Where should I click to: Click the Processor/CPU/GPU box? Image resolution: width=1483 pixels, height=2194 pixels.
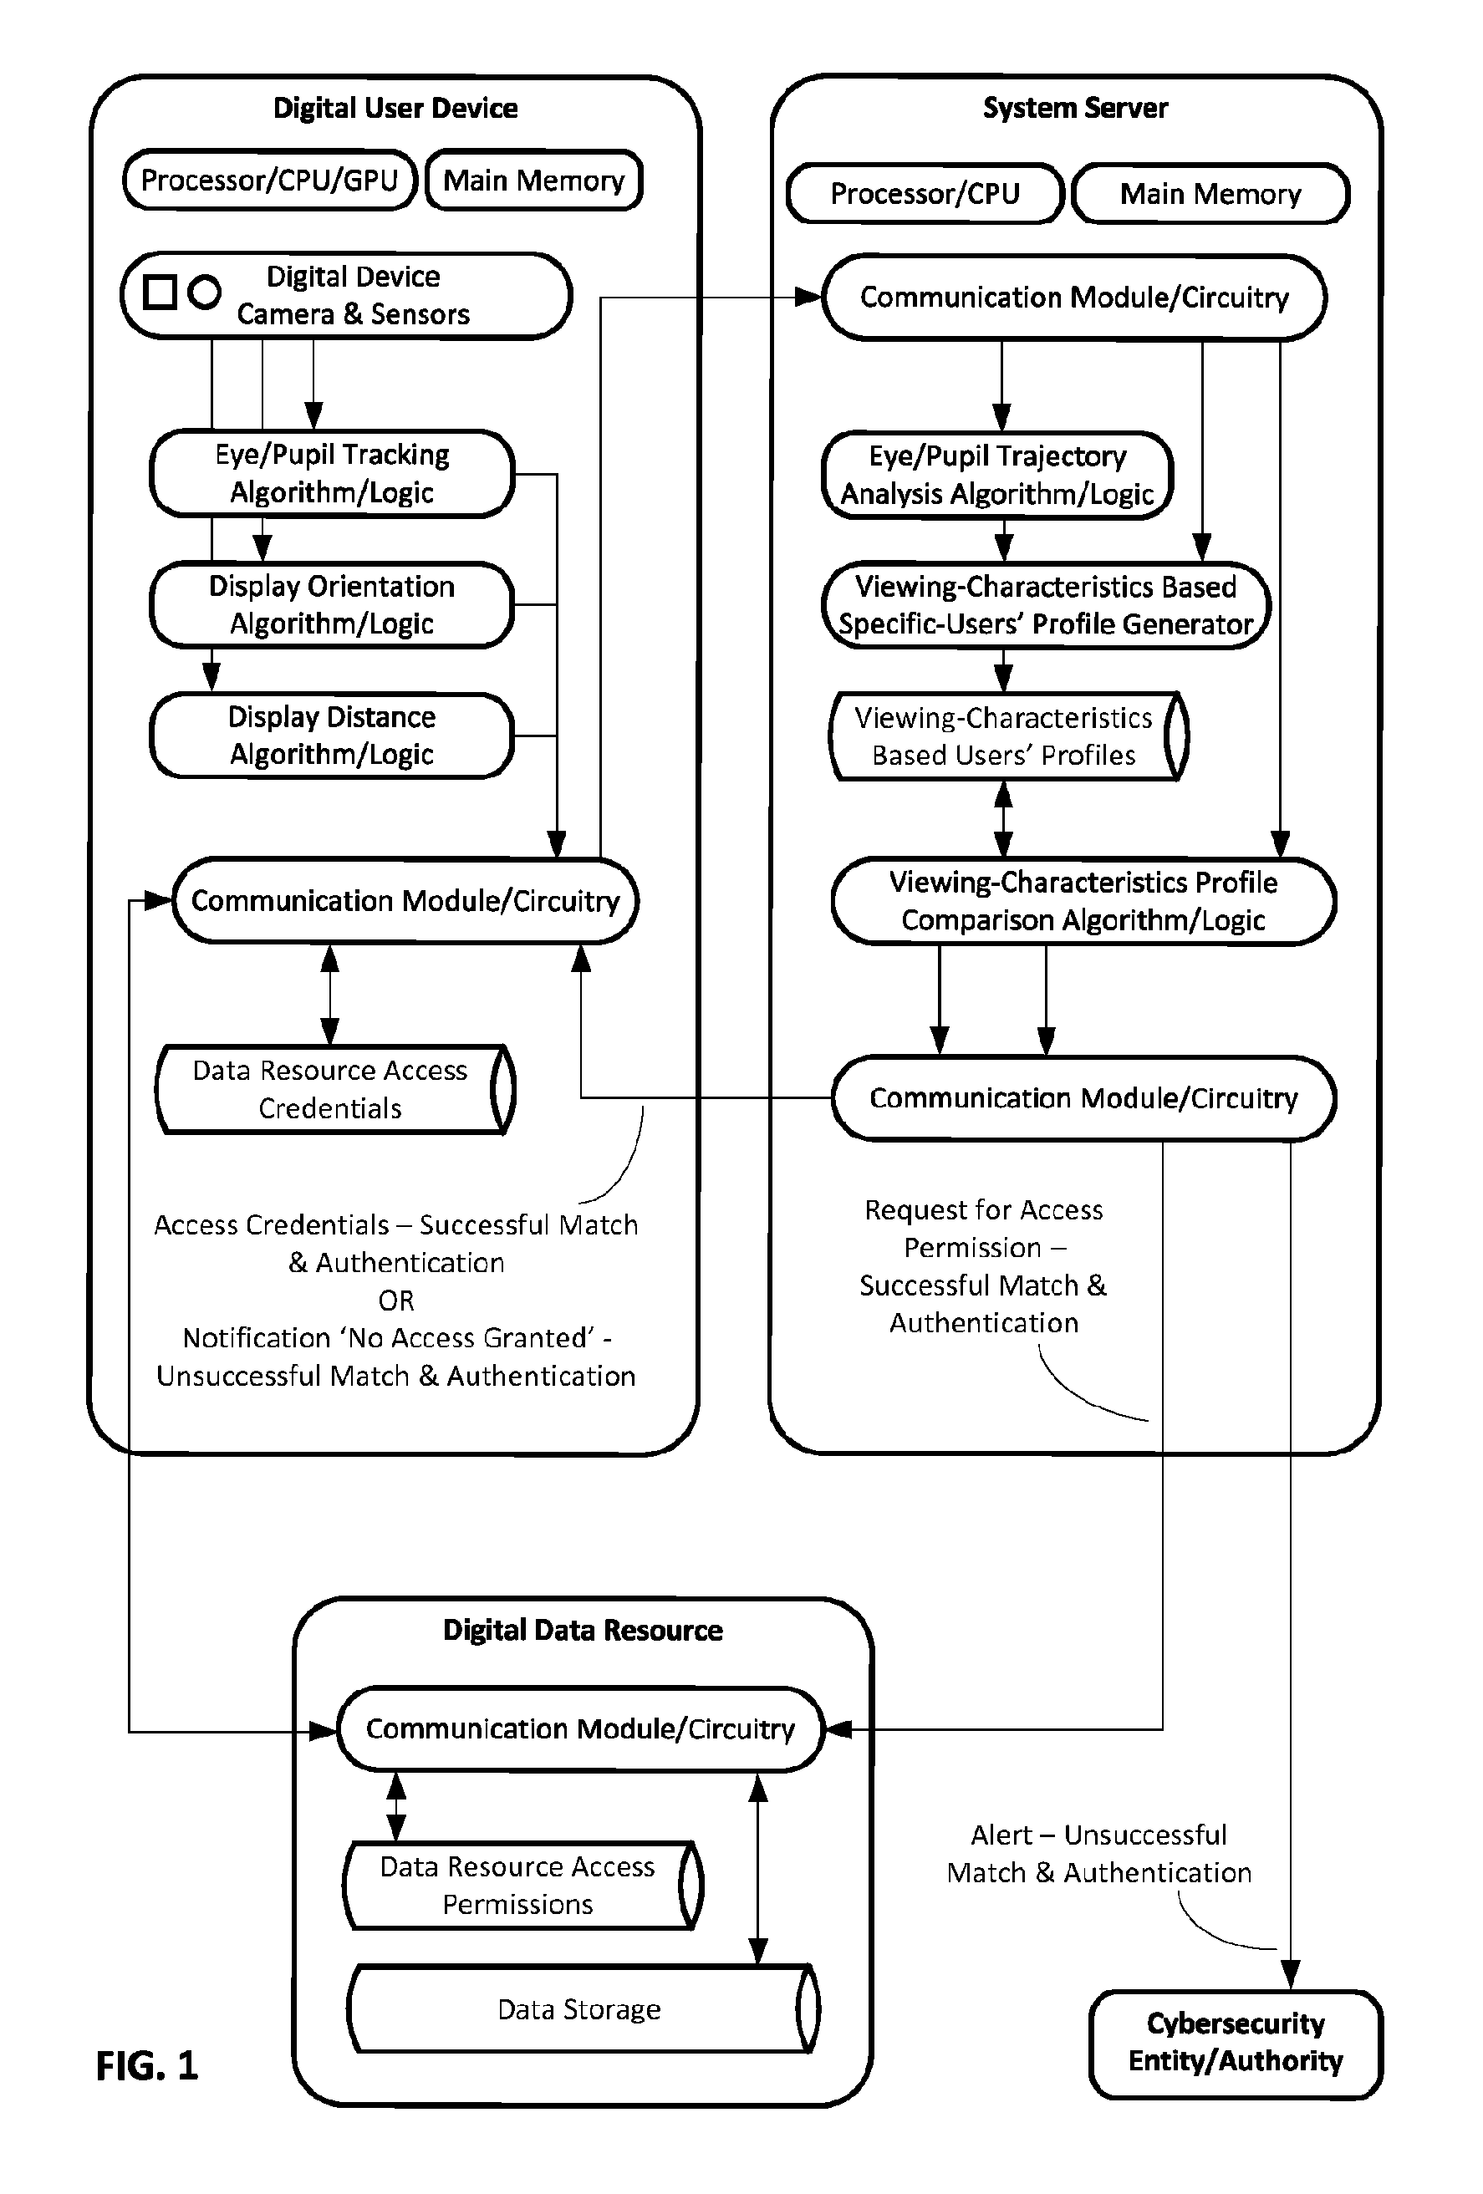[x=270, y=180]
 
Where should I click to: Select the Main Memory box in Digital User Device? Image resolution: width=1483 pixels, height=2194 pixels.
[x=534, y=180]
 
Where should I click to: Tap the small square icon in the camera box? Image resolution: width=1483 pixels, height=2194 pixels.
[x=160, y=292]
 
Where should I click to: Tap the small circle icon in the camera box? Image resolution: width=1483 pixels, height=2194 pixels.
[x=204, y=292]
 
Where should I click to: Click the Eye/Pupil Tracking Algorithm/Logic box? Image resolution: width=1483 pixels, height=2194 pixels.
[x=332, y=473]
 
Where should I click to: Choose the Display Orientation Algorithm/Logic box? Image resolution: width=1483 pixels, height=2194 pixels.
[x=332, y=604]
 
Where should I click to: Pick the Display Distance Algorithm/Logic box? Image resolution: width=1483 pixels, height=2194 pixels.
[x=332, y=736]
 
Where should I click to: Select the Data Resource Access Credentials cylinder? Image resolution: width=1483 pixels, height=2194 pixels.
[x=335, y=1088]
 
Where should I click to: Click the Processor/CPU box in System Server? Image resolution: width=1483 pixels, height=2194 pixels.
[x=925, y=194]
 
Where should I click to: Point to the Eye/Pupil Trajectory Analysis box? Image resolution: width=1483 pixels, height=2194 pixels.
[x=998, y=475]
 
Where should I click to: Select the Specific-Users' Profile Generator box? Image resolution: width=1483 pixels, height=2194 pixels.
[x=1046, y=605]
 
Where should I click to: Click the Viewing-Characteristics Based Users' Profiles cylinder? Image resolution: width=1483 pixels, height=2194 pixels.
[x=1008, y=736]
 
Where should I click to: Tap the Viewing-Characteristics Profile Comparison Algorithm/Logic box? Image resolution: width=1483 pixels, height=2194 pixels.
[x=1083, y=901]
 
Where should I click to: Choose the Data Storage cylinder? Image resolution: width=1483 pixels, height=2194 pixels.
[x=584, y=2008]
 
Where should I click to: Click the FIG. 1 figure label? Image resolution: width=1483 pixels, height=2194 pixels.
[x=147, y=2065]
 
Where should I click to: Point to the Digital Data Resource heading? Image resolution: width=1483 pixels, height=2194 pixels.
[x=584, y=1631]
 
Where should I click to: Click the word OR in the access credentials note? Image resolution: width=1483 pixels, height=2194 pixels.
[x=396, y=1300]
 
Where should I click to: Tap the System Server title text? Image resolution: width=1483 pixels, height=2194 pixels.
[x=1075, y=108]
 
